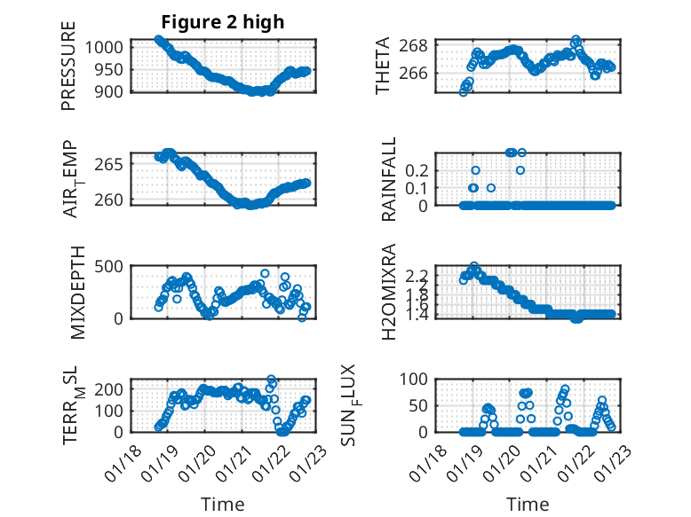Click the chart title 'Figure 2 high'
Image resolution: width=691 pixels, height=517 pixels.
222,22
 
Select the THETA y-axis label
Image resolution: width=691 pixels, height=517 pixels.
383,66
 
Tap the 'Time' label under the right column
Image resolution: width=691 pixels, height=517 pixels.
528,504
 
